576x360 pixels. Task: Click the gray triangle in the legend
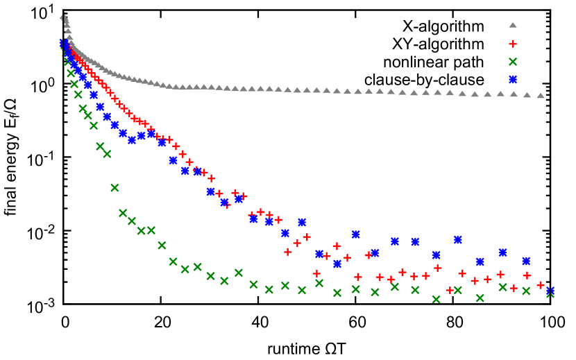(x=513, y=25)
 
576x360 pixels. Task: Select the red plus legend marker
(x=513, y=44)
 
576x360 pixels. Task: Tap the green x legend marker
(x=513, y=62)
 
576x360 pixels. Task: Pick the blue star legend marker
(x=513, y=79)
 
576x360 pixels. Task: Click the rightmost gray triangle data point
(x=541, y=95)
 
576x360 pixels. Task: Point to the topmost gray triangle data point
(x=62, y=17)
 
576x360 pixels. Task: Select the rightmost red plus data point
(x=541, y=285)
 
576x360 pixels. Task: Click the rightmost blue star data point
(x=550, y=291)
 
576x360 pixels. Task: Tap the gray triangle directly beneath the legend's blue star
(x=514, y=94)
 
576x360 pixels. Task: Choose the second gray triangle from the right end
(x=527, y=94)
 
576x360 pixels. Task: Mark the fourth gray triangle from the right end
(x=500, y=93)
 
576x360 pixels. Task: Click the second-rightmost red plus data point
(x=527, y=275)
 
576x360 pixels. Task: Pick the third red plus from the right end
(x=514, y=288)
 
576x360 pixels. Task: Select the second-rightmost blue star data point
(x=526, y=261)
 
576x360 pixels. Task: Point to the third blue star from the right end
(x=502, y=252)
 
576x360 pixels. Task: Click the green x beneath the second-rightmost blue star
(x=526, y=291)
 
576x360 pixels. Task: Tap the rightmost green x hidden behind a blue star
(x=550, y=293)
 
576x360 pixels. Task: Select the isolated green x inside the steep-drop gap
(x=115, y=187)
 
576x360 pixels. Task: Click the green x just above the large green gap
(x=107, y=154)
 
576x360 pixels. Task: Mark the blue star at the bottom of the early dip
(x=132, y=140)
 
